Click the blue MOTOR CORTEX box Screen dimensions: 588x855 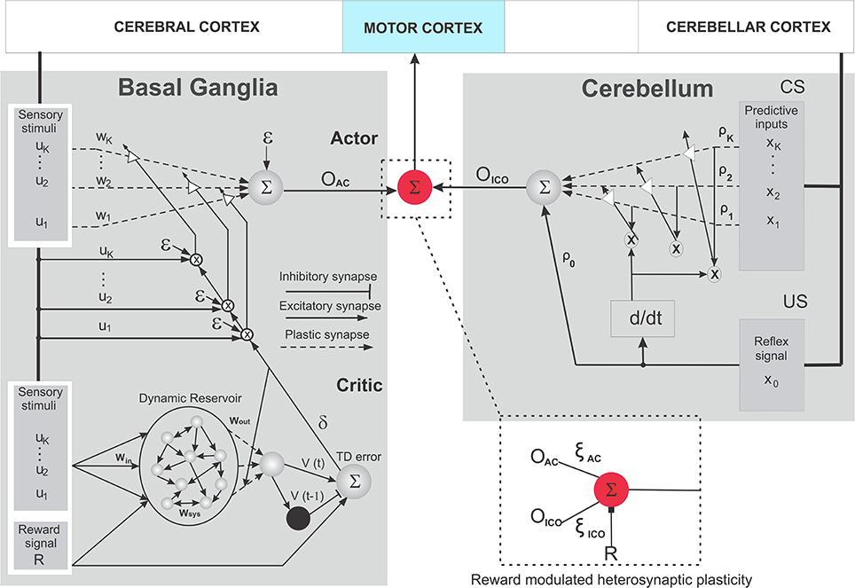click(x=423, y=27)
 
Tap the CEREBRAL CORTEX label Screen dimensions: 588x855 click(x=186, y=27)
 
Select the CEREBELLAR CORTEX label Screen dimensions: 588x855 click(x=748, y=27)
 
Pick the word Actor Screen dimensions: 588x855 click(x=353, y=138)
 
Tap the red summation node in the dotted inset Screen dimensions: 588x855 click(x=611, y=488)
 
